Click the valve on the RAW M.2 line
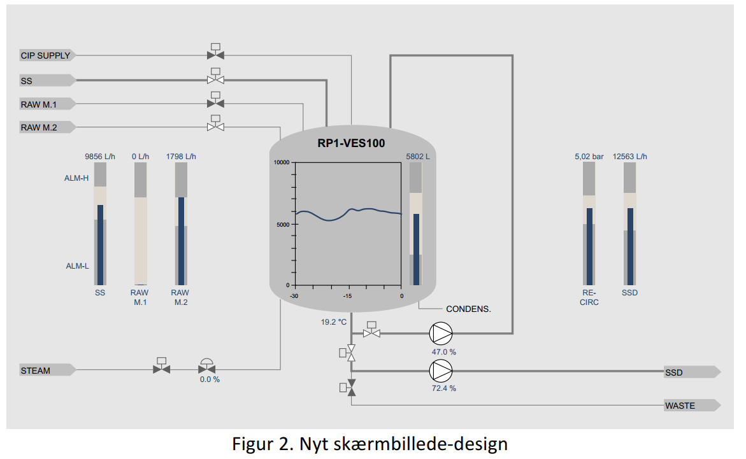click(x=215, y=127)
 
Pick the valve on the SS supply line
click(x=215, y=80)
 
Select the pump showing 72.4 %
click(x=441, y=370)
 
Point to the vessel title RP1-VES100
click(x=351, y=144)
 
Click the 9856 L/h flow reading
click(x=99, y=156)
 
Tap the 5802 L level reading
click(x=418, y=156)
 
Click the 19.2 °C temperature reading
click(x=333, y=322)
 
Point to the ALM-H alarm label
click(x=76, y=178)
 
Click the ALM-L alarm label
click(x=77, y=266)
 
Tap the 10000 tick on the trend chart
click(x=281, y=162)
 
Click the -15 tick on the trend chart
click(x=348, y=296)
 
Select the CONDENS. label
click(x=469, y=309)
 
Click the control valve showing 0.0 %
click(x=206, y=368)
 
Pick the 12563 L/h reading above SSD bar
click(x=631, y=156)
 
